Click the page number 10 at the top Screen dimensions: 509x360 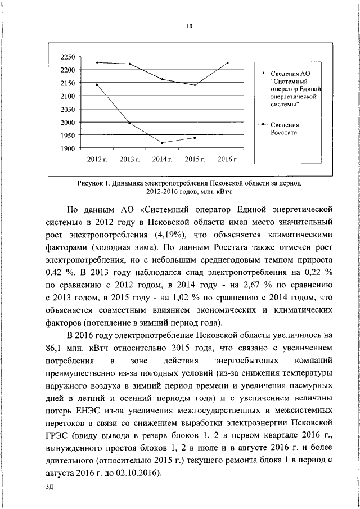click(x=190, y=25)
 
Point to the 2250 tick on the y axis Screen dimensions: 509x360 click(x=67, y=57)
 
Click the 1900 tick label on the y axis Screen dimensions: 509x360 click(x=67, y=148)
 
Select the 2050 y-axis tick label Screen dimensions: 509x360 click(x=67, y=110)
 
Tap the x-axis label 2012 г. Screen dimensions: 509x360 click(x=97, y=160)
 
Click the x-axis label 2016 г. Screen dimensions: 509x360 click(x=228, y=160)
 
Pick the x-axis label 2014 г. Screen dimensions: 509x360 click(x=163, y=160)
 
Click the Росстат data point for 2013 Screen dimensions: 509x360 click(x=130, y=123)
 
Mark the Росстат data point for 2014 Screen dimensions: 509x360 click(x=163, y=143)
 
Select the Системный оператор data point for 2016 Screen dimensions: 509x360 click(x=228, y=63)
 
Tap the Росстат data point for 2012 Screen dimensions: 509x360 click(x=97, y=85)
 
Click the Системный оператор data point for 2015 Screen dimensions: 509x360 click(x=195, y=85)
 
